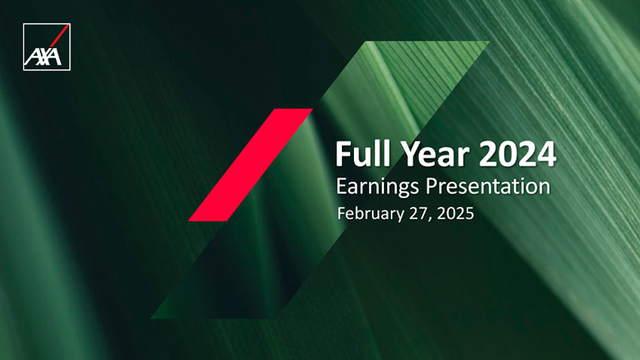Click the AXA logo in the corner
47,47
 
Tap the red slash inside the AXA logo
59,35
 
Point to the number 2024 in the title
517,154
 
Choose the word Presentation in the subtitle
488,186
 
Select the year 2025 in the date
456,213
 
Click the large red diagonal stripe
251,165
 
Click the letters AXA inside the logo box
43,57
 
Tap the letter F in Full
343,154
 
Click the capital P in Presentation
432,186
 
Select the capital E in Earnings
341,186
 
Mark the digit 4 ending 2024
547,154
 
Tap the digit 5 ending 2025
470,213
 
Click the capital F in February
341,213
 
